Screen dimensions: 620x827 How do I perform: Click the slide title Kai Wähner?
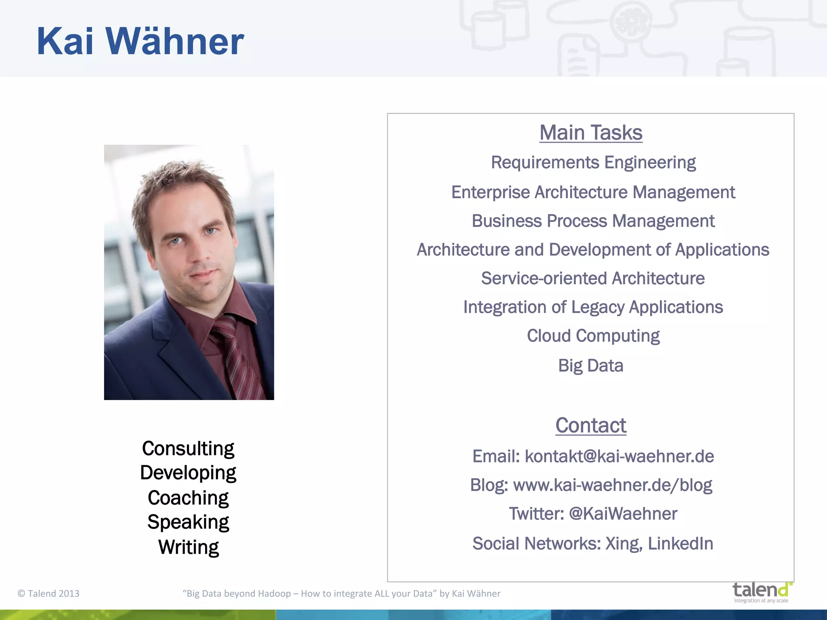coord(140,41)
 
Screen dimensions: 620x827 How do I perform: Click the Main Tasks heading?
coord(591,133)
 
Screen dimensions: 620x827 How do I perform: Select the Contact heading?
coord(591,425)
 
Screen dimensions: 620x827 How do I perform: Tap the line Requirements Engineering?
coord(593,163)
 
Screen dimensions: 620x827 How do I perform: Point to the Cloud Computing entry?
coord(593,336)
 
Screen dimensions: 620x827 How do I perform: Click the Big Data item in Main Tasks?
coord(591,366)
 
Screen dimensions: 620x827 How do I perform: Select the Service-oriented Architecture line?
coord(593,279)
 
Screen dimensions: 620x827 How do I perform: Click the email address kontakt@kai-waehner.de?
coord(619,457)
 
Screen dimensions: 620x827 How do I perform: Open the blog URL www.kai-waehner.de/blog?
coord(612,485)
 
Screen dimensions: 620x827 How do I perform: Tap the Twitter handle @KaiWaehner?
coord(623,514)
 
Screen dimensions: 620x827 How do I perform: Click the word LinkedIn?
coord(680,544)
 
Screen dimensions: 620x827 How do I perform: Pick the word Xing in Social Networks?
coord(623,544)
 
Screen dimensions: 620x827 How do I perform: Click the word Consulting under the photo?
coord(188,448)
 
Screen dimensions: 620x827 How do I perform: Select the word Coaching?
coord(188,498)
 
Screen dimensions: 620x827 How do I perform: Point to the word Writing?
coord(188,547)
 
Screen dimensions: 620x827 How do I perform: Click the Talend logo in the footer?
coord(762,592)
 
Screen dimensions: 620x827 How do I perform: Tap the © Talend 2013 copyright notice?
coord(48,593)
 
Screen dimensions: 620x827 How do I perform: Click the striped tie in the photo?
coord(236,355)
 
